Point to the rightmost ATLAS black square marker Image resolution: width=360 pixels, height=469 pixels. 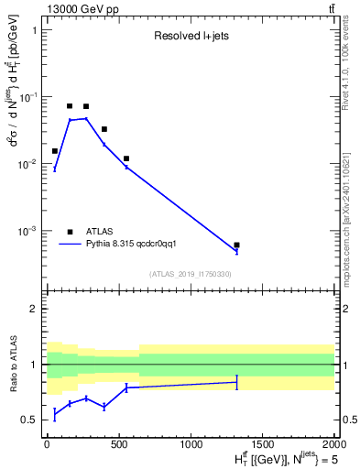(236, 245)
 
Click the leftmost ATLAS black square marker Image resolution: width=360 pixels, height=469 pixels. (55, 151)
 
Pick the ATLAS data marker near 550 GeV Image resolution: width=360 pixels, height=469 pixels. (126, 158)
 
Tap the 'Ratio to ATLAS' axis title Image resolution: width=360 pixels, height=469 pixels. (14, 364)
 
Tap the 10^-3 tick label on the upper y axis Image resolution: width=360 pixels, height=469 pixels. (29, 231)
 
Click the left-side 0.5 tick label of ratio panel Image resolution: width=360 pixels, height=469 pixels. (30, 420)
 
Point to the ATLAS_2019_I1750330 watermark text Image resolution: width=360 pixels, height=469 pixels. (190, 274)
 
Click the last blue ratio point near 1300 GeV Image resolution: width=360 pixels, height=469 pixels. (236, 382)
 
